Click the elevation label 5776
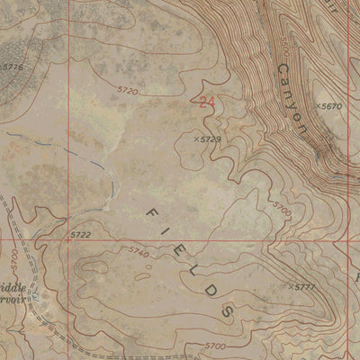13,67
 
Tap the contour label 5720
128,91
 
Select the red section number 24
208,103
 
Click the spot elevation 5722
81,235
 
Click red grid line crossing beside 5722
66,240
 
